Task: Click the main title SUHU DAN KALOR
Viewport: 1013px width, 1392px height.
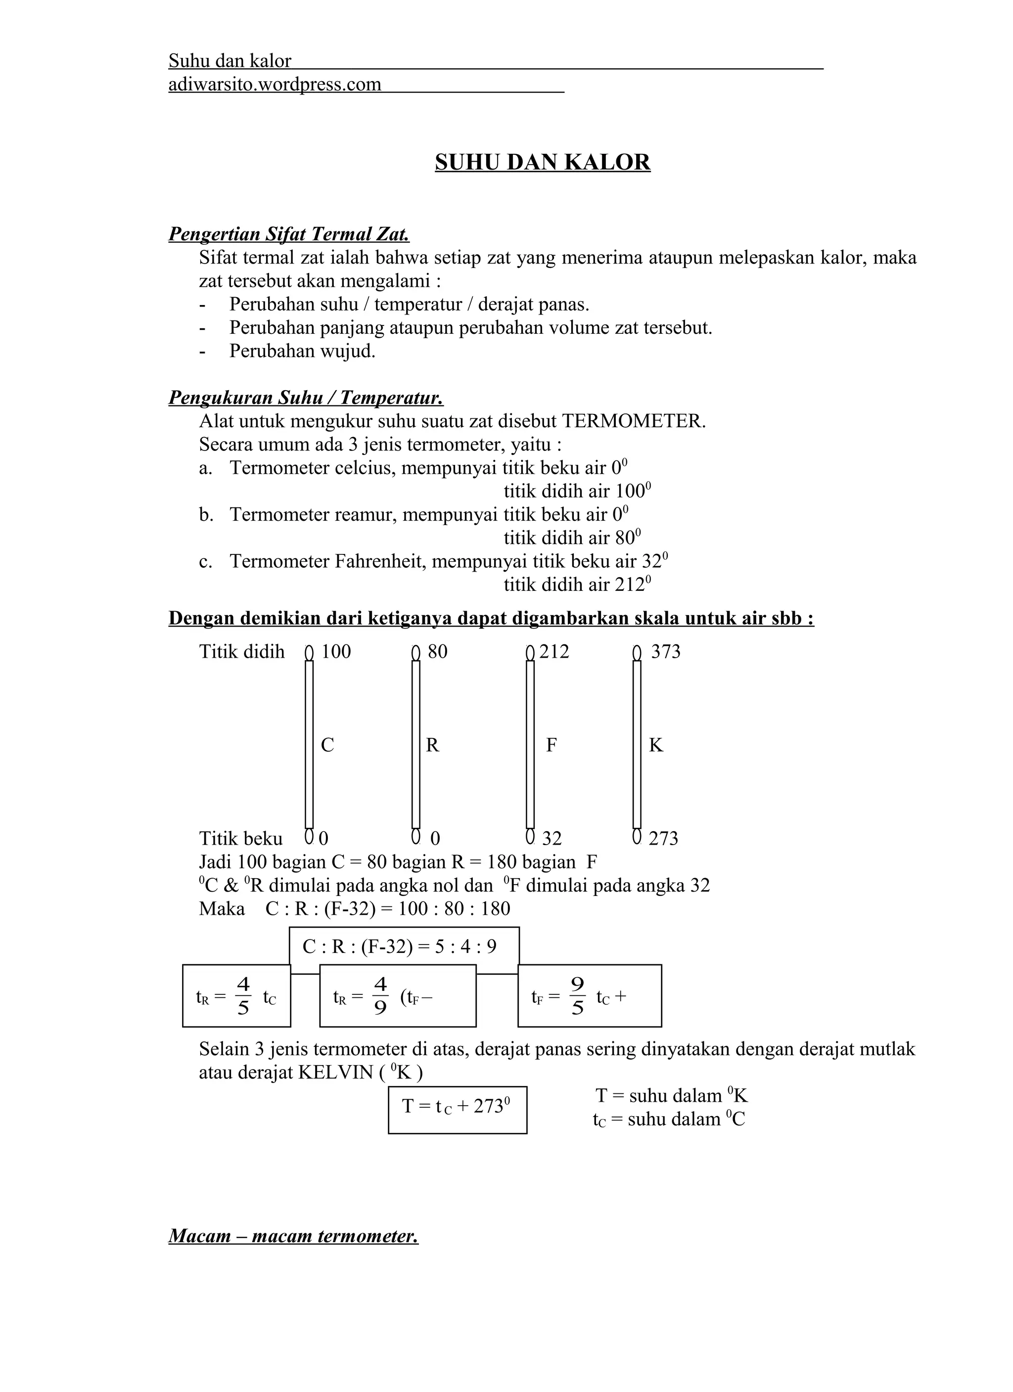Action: coord(542,162)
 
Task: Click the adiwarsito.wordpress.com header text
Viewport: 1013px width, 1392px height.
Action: coord(275,84)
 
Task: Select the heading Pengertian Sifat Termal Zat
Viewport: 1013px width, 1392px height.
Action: coord(288,234)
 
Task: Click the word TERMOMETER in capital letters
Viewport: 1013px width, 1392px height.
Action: coord(633,422)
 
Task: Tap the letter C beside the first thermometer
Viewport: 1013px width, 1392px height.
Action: coord(327,745)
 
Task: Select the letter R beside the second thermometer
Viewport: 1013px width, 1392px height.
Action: coord(432,745)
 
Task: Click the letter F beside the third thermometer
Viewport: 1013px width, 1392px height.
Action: coord(552,745)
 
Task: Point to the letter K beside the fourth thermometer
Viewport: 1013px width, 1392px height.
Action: coord(656,745)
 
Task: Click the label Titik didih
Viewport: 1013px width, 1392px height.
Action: coord(242,651)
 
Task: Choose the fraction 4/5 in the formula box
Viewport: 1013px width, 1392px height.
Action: coord(243,997)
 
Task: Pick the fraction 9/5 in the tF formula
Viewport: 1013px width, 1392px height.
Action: coord(577,997)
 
